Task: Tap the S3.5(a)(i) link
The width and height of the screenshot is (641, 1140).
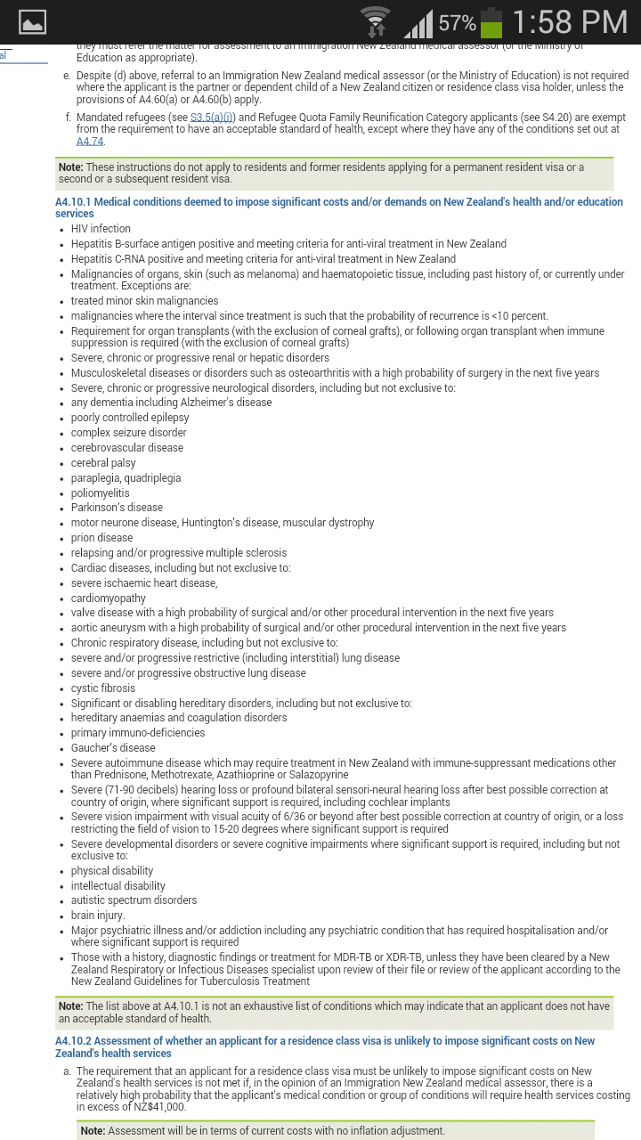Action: (212, 118)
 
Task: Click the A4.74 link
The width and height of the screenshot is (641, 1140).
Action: (90, 142)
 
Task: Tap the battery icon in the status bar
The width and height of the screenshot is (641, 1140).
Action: (491, 22)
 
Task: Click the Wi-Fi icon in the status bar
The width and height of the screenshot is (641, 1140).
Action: (376, 22)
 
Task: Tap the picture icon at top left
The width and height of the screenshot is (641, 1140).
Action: (32, 22)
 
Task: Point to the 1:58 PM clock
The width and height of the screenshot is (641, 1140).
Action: (570, 22)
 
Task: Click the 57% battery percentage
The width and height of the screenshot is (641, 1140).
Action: (457, 23)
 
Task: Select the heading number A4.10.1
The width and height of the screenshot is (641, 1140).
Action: (73, 202)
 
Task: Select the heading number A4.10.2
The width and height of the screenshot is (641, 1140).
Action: (73, 1041)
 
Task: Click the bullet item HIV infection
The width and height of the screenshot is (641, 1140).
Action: (101, 229)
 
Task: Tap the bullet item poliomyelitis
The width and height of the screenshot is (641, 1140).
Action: (100, 493)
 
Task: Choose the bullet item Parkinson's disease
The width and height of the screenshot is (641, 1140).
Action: (117, 508)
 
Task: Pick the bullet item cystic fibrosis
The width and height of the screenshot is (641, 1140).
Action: (103, 688)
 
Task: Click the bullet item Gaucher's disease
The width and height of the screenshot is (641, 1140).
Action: (113, 748)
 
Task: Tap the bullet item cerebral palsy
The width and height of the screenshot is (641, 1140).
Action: (103, 463)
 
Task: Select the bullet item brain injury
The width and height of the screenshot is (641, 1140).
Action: (98, 916)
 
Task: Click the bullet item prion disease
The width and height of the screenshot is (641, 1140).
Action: (101, 538)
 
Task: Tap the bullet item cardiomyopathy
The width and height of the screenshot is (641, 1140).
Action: (109, 598)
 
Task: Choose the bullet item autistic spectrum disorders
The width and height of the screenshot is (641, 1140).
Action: (134, 900)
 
